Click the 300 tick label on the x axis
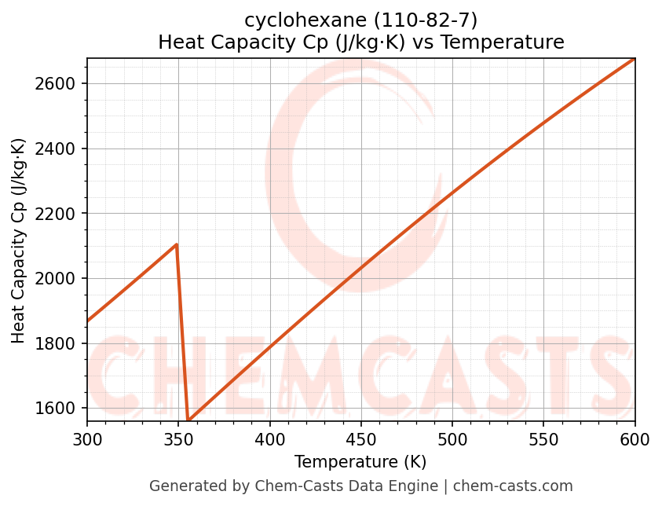click(x=87, y=440)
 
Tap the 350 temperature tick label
click(x=178, y=440)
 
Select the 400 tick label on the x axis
click(x=269, y=440)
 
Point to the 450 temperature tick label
click(x=361, y=440)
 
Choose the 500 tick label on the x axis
click(x=452, y=440)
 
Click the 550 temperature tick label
click(x=543, y=440)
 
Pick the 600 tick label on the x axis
click(x=635, y=440)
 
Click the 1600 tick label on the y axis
click(x=61, y=409)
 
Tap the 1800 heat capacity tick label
click(x=61, y=343)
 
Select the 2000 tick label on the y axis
click(x=61, y=279)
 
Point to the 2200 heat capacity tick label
click(x=61, y=214)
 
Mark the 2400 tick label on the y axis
click(x=61, y=149)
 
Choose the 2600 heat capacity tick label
click(x=61, y=84)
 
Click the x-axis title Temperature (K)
click(x=360, y=462)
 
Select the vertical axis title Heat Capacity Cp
click(x=19, y=240)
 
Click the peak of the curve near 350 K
click(x=177, y=244)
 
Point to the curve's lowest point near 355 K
click(x=188, y=420)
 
